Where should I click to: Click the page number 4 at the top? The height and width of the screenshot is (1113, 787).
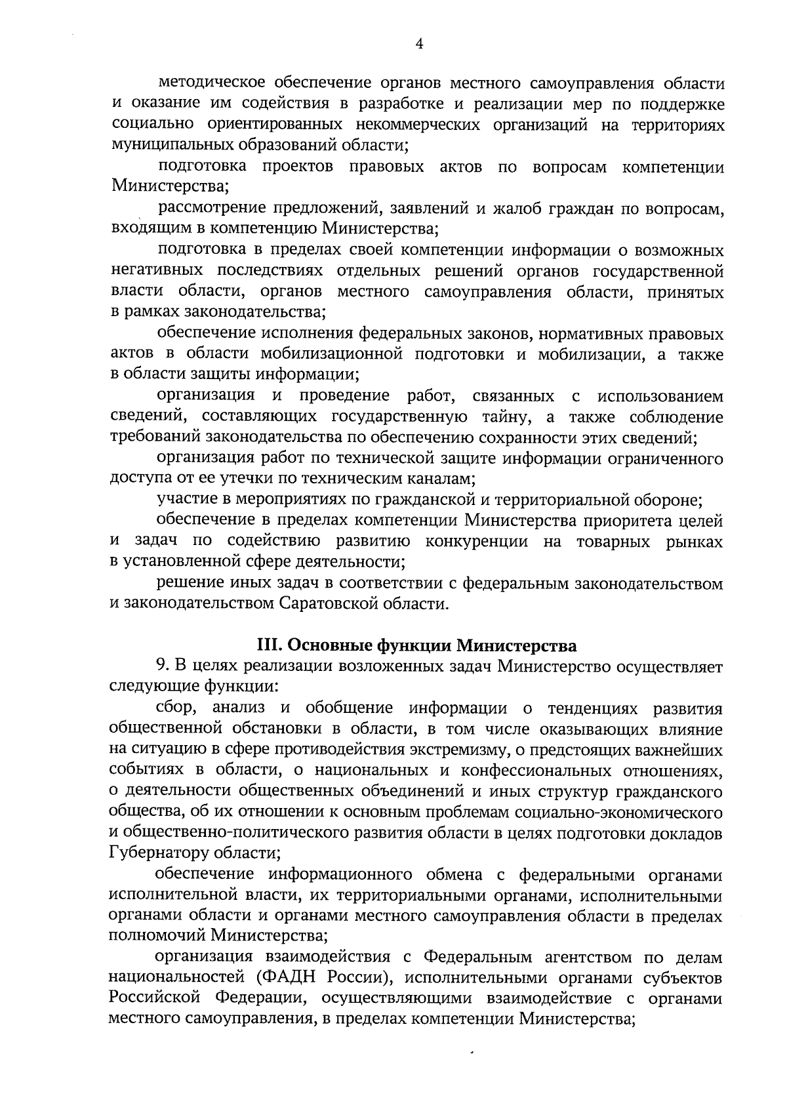tap(420, 43)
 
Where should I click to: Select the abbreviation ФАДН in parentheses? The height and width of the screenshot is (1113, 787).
tap(288, 977)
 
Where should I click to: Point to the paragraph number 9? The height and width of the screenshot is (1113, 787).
tap(162, 666)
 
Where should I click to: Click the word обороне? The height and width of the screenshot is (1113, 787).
tap(669, 500)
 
